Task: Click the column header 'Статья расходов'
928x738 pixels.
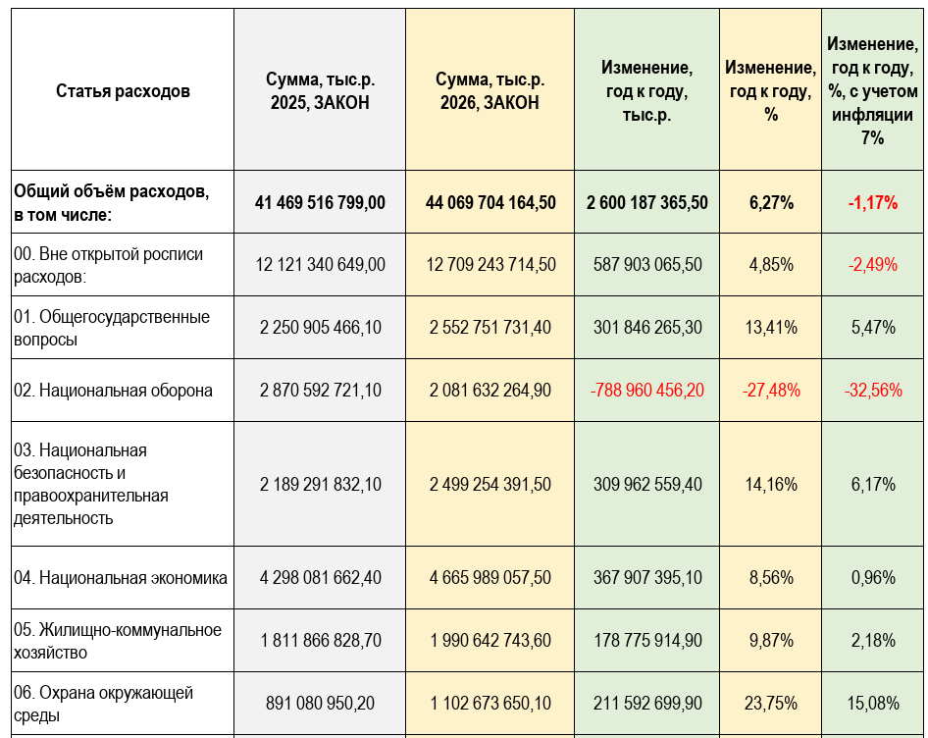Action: (x=123, y=91)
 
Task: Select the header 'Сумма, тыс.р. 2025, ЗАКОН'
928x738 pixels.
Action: (x=320, y=91)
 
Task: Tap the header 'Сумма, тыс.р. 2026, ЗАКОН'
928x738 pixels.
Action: (x=490, y=91)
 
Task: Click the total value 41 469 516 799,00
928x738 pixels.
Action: (x=320, y=202)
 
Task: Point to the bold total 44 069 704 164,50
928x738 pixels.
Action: (x=490, y=202)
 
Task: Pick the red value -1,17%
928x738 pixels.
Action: (x=872, y=203)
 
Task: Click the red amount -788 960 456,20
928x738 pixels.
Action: (x=647, y=391)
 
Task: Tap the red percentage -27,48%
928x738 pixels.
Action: (x=771, y=391)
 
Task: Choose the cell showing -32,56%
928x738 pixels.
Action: (x=872, y=391)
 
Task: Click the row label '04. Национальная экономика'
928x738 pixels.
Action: (x=121, y=578)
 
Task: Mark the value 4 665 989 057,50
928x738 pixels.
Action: (x=490, y=578)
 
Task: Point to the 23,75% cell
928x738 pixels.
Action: (x=771, y=703)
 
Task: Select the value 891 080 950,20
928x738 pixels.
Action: (x=320, y=703)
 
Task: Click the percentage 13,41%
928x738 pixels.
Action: (x=771, y=328)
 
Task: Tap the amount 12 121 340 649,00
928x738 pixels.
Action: (x=320, y=265)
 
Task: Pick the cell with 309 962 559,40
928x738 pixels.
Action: (x=647, y=484)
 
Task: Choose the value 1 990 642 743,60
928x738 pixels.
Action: (x=490, y=641)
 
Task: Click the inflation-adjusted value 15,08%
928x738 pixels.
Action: (x=872, y=703)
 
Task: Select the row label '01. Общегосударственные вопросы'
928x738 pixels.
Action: (x=112, y=328)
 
